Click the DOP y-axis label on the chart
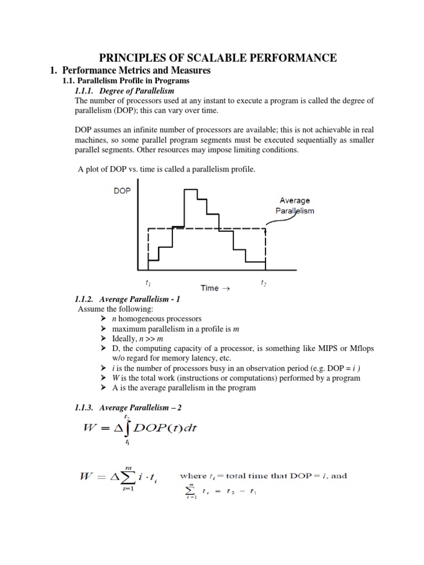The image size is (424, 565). tap(122, 190)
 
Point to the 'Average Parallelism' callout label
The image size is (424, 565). tap(295, 206)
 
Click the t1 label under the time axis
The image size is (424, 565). tap(148, 283)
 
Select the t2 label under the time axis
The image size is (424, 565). tap(263, 283)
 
